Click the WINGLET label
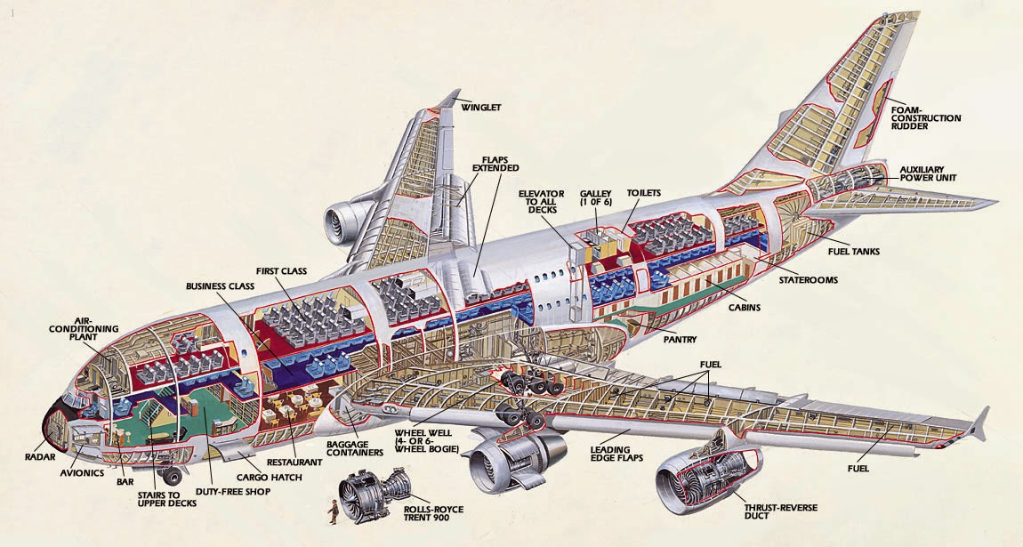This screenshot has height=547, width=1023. (481, 108)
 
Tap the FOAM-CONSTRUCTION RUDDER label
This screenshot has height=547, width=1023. (926, 118)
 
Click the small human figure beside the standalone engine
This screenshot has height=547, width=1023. (334, 511)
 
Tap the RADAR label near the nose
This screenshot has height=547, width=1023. (40, 457)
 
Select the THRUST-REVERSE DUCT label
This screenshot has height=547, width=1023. (771, 511)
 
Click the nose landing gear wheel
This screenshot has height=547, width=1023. (173, 476)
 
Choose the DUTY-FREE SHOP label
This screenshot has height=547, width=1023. (233, 491)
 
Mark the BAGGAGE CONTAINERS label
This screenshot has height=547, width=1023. (354, 448)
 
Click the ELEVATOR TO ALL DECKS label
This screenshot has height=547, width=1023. (541, 202)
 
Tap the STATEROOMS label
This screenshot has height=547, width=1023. (809, 279)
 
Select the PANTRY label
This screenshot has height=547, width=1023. (680, 339)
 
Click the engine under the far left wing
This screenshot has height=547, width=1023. (344, 223)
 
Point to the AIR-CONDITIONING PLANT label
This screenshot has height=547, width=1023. (84, 328)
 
